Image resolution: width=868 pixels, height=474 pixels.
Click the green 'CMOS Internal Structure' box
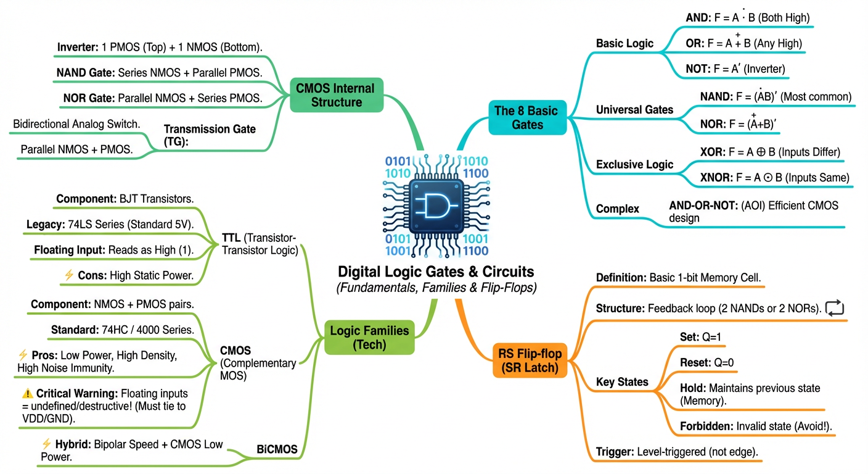tap(336, 95)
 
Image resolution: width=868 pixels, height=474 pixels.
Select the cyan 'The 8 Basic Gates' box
tap(526, 118)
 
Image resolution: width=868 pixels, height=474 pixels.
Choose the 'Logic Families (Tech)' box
tap(369, 337)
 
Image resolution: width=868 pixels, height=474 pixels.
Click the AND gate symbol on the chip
tap(436, 205)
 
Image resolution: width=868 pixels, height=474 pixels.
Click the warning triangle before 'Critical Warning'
tap(27, 393)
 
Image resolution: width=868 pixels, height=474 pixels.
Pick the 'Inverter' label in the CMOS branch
tap(78, 48)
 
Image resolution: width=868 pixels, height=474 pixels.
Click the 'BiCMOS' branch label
tap(276, 450)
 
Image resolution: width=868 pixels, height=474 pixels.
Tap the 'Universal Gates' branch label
tap(634, 110)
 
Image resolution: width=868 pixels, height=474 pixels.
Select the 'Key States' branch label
tap(622, 382)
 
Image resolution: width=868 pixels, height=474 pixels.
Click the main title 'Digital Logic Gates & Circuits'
tap(436, 272)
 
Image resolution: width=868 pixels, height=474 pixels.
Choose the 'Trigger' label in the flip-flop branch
tap(614, 452)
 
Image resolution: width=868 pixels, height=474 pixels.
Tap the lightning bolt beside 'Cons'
tap(68, 276)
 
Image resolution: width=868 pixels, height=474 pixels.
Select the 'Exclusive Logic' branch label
tap(634, 165)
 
